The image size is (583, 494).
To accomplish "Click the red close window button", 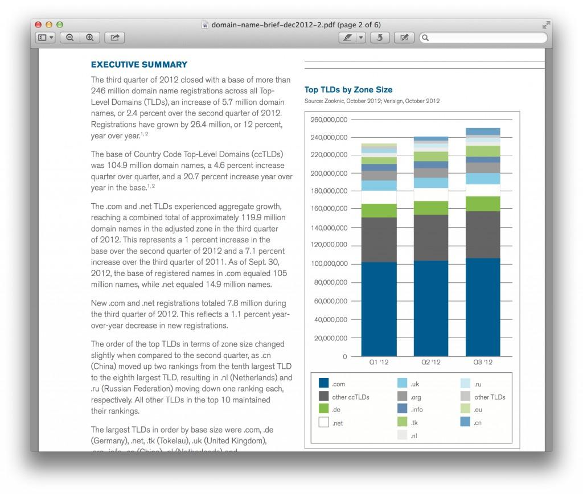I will click(39, 25).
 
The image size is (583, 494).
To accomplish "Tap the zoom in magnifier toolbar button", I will click(90, 38).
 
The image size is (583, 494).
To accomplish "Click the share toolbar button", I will click(114, 38).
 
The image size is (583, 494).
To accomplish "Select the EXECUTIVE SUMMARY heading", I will click(139, 65).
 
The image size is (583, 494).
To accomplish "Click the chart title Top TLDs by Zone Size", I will click(348, 89).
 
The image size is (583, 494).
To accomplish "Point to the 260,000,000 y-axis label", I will click(329, 120).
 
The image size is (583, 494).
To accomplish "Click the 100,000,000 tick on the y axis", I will click(329, 264).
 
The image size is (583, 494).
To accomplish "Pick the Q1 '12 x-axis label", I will click(379, 362).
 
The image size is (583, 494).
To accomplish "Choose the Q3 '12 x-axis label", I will click(483, 362).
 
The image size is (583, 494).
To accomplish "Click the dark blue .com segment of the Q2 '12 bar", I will click(430, 308).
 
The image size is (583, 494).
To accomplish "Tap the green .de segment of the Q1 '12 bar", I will click(379, 211).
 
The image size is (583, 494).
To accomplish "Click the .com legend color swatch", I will click(323, 384).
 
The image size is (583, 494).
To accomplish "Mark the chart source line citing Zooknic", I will click(372, 101).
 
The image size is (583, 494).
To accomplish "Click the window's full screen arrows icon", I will click(546, 25).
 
